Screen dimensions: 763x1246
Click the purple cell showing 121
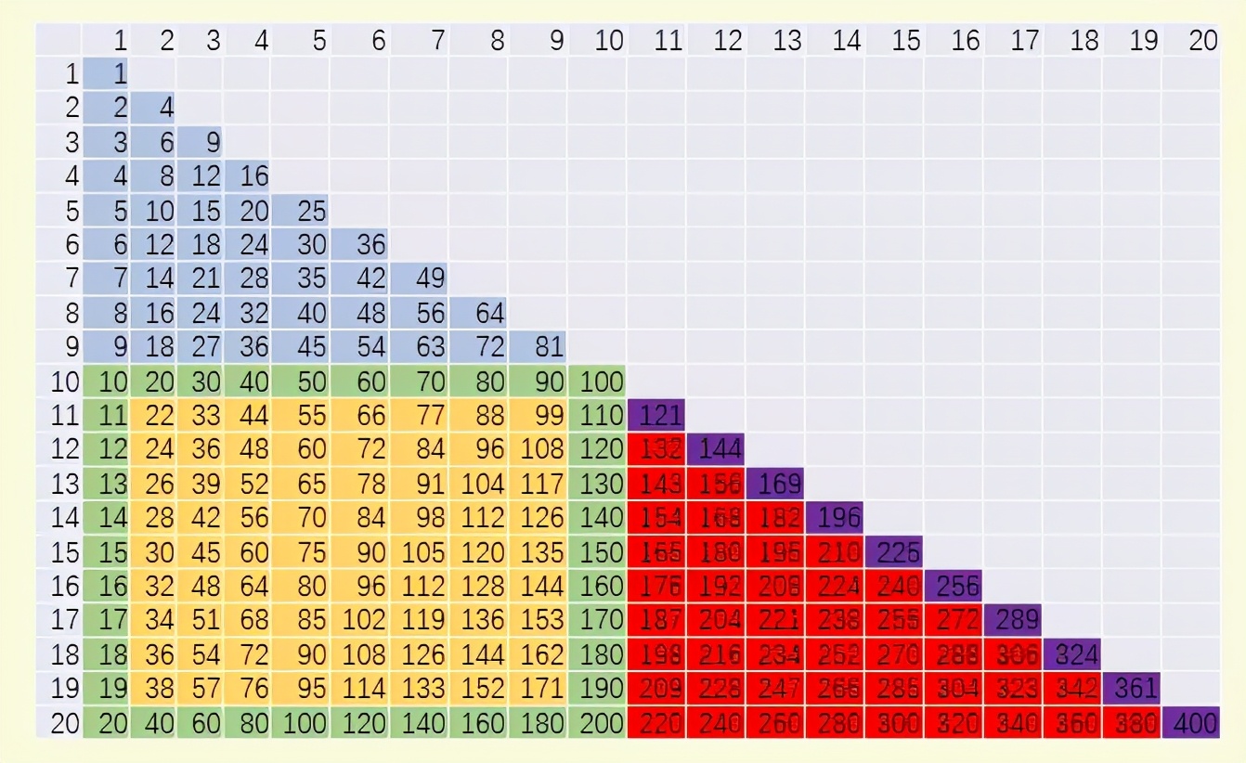coord(657,415)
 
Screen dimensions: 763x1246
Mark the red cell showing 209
coord(657,689)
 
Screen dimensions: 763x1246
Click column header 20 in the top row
coord(1201,41)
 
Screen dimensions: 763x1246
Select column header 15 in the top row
coord(905,41)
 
